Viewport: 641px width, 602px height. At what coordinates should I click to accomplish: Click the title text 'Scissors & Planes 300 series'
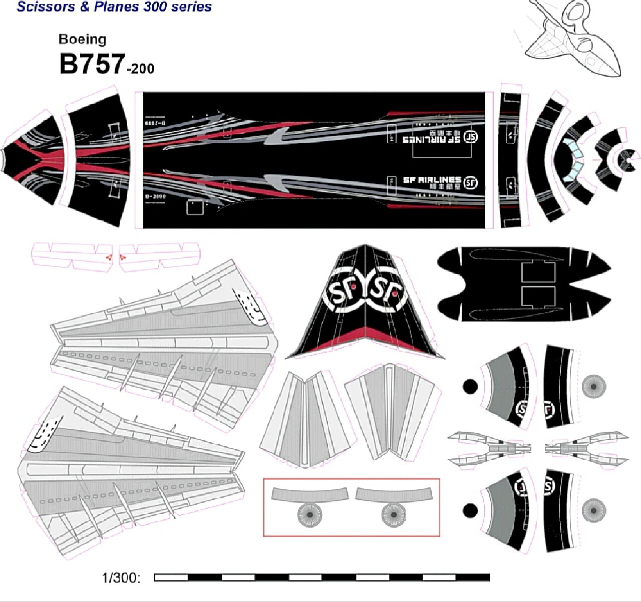(x=114, y=7)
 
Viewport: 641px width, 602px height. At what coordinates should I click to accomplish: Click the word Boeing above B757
(x=82, y=40)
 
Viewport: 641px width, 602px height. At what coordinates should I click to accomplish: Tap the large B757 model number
(x=92, y=64)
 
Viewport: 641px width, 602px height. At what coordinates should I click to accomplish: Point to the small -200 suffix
(x=141, y=69)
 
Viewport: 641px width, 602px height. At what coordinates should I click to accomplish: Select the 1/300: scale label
(x=121, y=578)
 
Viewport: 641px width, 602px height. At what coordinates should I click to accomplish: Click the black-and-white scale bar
(x=322, y=577)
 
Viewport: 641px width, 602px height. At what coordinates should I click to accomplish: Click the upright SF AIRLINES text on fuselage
(x=432, y=180)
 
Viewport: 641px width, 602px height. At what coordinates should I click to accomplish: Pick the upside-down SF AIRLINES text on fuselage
(x=432, y=140)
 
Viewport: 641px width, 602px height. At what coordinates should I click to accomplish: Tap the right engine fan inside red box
(x=394, y=515)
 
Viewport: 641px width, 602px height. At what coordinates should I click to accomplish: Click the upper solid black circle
(x=470, y=387)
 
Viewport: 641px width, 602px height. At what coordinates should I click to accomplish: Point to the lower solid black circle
(x=470, y=511)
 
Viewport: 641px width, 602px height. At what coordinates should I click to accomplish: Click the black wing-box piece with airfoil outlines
(x=523, y=283)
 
